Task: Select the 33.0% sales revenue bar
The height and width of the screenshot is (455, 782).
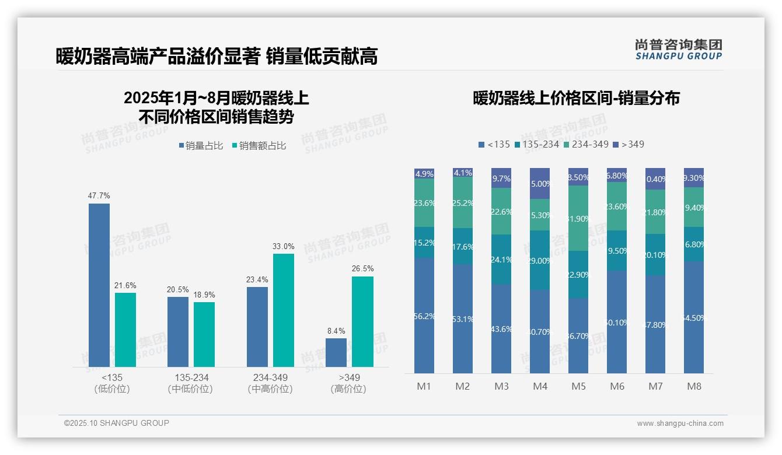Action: (x=283, y=310)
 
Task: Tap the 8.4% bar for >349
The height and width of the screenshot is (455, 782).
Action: (x=336, y=352)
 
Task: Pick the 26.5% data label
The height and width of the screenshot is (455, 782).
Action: (x=362, y=268)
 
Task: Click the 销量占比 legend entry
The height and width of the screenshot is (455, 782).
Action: (x=200, y=146)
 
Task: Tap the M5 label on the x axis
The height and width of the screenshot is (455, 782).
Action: (x=578, y=386)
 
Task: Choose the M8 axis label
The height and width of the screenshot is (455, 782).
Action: (x=694, y=386)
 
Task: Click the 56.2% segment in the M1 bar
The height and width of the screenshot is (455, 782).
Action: (x=424, y=316)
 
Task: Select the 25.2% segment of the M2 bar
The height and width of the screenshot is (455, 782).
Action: (x=463, y=203)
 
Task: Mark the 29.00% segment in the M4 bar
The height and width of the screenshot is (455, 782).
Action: (x=540, y=260)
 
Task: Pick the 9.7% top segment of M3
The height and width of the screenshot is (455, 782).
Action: (x=501, y=178)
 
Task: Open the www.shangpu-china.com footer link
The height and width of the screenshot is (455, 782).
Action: (x=680, y=423)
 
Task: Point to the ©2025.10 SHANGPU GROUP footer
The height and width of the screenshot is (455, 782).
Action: (x=117, y=423)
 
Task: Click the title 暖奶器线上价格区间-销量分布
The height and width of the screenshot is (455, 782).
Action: (x=575, y=98)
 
